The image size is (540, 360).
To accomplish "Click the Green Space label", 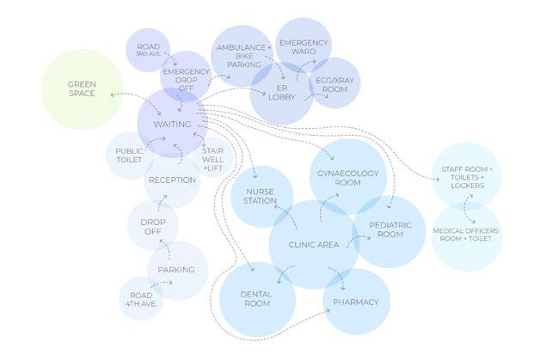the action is (x=83, y=89).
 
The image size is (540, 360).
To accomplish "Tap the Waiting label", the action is (x=172, y=125).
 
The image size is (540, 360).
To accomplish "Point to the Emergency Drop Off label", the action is (x=186, y=78).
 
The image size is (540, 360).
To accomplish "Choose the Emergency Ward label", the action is (x=304, y=46).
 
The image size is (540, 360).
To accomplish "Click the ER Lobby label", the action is (x=281, y=93).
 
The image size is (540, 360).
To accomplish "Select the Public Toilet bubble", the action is (x=130, y=156).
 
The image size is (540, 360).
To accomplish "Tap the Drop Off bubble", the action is (x=153, y=226).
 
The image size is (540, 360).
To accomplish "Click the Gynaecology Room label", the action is (x=347, y=178).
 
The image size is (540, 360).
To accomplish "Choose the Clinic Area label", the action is (x=313, y=246).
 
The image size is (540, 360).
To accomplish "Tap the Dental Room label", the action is (x=257, y=300).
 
